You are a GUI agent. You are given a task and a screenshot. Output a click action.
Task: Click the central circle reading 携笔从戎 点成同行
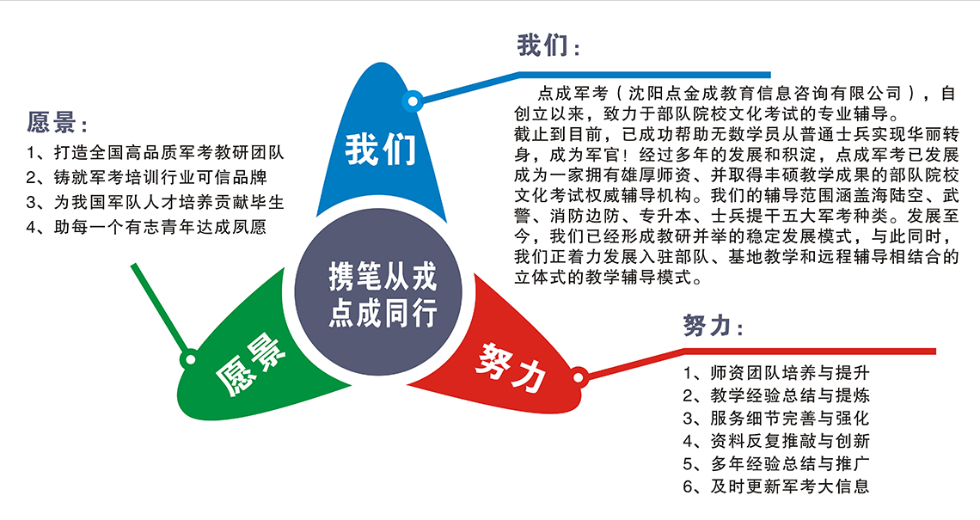click(378, 292)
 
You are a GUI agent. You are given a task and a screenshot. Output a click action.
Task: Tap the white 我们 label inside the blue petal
click(381, 150)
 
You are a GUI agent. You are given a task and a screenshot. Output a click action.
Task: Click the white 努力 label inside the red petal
click(511, 367)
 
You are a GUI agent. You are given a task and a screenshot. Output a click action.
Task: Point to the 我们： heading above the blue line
click(548, 46)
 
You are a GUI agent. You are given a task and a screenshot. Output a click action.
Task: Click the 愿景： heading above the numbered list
click(58, 123)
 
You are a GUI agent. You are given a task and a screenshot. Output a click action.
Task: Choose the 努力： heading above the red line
click(714, 326)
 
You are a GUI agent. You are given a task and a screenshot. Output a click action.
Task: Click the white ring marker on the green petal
click(189, 359)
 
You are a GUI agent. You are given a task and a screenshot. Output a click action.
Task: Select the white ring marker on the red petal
click(579, 376)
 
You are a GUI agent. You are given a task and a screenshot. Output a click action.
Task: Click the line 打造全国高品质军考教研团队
click(155, 152)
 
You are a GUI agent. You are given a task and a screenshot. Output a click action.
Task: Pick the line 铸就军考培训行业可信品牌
click(147, 178)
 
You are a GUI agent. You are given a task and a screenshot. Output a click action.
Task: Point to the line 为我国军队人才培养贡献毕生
click(155, 203)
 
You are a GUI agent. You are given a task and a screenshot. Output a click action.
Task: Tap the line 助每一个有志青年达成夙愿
click(147, 227)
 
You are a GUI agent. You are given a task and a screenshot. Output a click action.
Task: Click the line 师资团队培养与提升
click(776, 373)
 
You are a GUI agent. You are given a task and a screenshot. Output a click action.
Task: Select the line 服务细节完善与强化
click(776, 418)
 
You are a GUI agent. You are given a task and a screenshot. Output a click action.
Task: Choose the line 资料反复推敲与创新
click(776, 441)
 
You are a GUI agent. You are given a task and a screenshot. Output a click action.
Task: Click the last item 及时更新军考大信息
click(776, 486)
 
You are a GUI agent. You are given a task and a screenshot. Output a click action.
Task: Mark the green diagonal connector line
click(159, 309)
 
